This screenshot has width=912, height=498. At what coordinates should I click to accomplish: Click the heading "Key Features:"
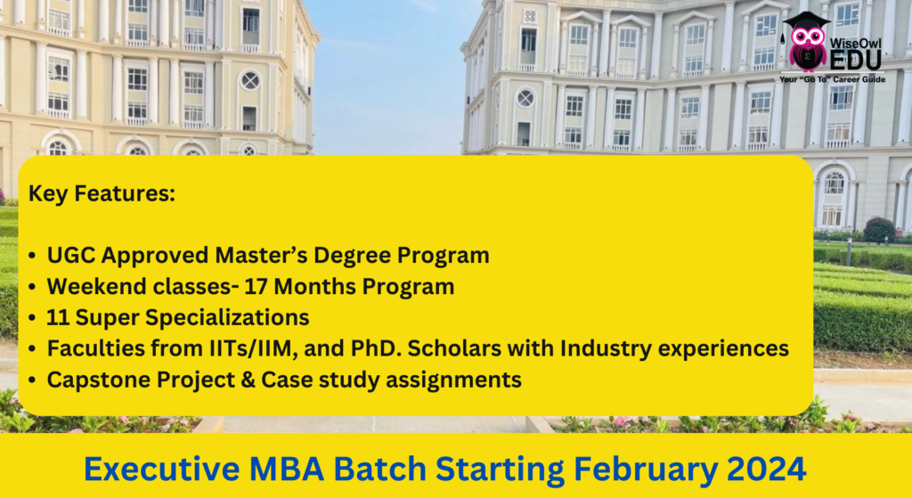[102, 194]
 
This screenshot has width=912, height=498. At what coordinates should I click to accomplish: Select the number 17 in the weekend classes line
[256, 287]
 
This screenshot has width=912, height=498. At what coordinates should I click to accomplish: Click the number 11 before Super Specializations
[58, 318]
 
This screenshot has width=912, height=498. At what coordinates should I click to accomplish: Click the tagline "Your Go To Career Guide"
[833, 79]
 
